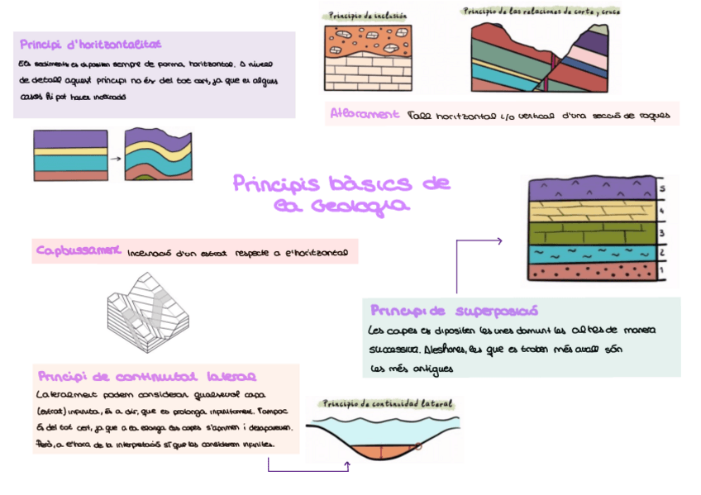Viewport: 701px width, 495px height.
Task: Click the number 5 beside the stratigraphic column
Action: click(x=663, y=190)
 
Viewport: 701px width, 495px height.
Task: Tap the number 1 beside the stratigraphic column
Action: click(x=663, y=269)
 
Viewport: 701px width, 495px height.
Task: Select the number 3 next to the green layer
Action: click(x=663, y=233)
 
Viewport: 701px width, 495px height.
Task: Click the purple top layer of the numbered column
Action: click(x=591, y=189)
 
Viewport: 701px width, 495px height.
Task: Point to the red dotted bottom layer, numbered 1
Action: click(x=591, y=271)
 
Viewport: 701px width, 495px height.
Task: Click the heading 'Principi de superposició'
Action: click(x=454, y=312)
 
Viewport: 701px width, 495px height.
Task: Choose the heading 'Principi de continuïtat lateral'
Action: click(x=147, y=376)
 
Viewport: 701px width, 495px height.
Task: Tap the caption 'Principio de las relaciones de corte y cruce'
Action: click(x=542, y=12)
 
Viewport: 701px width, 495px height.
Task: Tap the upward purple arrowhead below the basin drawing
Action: click(x=347, y=466)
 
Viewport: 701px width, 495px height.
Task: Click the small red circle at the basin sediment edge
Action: click(x=419, y=447)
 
